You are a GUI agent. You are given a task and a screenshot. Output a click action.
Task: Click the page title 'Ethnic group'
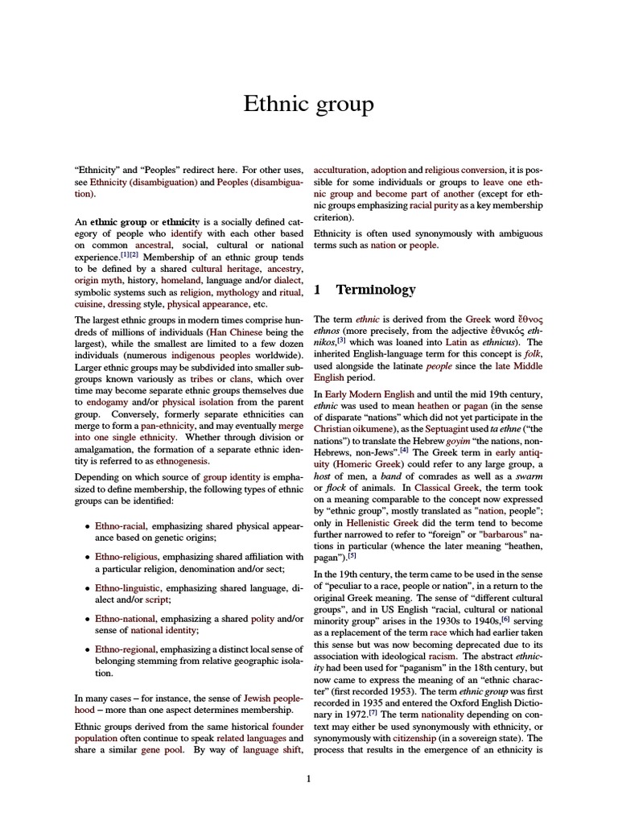point(309,105)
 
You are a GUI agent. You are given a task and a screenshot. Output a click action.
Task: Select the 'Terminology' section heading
point(375,290)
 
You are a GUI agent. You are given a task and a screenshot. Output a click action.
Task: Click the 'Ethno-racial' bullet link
point(120,525)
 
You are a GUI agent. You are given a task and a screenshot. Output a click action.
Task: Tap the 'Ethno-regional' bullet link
point(126,649)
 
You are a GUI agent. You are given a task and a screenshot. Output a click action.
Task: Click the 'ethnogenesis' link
point(182,462)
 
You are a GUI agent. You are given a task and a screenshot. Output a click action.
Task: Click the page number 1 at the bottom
point(309,778)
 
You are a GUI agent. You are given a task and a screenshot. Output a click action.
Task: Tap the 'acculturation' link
point(340,171)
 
